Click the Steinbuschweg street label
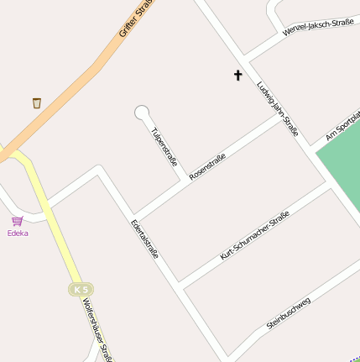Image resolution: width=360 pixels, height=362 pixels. click(289, 312)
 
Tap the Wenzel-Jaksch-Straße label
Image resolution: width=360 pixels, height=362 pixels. click(318, 29)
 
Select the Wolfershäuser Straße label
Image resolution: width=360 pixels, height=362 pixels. click(97, 333)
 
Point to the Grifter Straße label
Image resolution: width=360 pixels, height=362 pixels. click(134, 18)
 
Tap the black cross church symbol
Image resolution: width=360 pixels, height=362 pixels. click(237, 76)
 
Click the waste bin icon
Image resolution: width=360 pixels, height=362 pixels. click(36, 102)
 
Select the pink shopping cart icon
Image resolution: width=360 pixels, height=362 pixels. click(17, 221)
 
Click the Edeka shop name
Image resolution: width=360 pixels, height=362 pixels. click(18, 233)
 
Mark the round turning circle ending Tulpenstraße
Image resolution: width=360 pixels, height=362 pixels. click(141, 112)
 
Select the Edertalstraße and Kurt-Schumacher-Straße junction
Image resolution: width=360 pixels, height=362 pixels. click(179, 285)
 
